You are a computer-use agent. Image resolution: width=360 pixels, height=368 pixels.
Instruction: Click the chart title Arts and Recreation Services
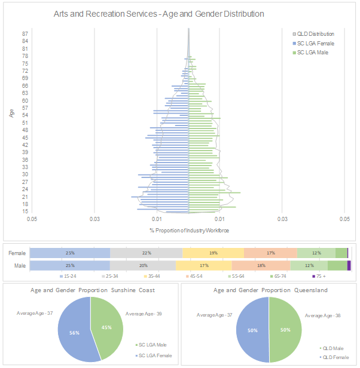tap(158, 13)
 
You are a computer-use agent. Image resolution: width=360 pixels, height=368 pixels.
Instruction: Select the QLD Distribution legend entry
tap(316, 34)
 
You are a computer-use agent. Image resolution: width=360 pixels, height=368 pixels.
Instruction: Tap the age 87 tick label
tap(25, 34)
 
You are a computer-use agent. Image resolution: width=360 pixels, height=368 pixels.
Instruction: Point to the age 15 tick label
tap(25, 211)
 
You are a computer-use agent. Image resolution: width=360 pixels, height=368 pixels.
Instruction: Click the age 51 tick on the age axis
tap(25, 122)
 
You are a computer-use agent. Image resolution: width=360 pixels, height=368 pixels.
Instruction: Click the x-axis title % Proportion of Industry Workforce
tap(189, 231)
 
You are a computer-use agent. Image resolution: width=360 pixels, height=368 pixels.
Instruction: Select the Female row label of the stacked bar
tap(17, 253)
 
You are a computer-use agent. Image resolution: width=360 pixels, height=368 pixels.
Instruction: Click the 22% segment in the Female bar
tap(147, 253)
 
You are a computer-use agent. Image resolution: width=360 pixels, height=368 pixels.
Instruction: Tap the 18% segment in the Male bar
tap(261, 265)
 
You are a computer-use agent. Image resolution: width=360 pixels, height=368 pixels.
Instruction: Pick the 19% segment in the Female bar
tap(213, 253)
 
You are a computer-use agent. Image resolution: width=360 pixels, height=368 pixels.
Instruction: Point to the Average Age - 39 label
tap(144, 313)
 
